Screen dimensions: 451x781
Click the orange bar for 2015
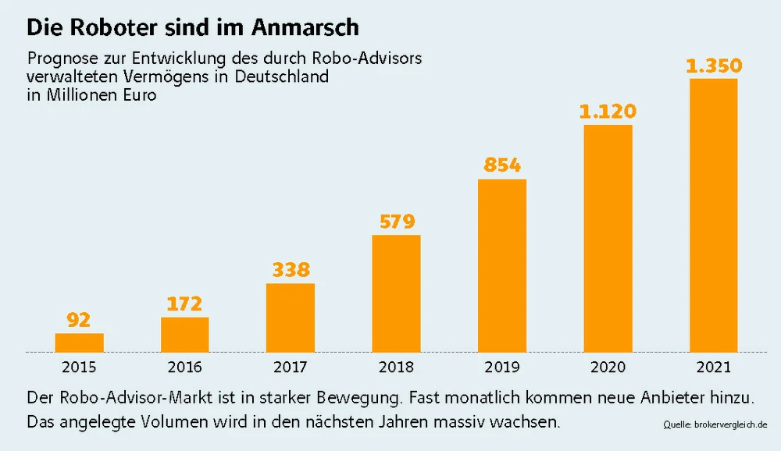click(79, 343)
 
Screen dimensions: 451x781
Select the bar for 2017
click(291, 318)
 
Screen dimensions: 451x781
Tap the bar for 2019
click(502, 266)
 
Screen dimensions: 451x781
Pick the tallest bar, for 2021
click(714, 215)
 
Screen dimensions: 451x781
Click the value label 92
click(79, 320)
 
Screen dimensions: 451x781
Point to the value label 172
click(185, 304)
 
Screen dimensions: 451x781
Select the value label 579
click(397, 221)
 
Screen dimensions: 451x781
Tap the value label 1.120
click(608, 112)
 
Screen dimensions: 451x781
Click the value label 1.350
click(714, 66)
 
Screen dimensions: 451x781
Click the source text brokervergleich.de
click(731, 425)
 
